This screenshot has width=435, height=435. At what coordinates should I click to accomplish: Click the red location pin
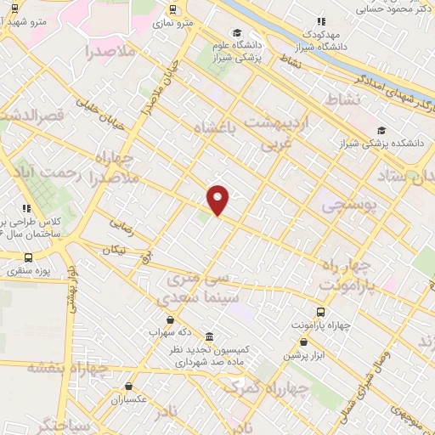coord(218,200)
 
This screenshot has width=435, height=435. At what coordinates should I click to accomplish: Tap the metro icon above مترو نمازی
coord(173,9)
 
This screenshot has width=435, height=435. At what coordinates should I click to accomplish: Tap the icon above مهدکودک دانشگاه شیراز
coord(320,21)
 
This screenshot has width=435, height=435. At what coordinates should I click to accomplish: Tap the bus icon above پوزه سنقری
coord(28,257)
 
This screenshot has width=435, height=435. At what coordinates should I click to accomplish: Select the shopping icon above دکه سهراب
coord(171,320)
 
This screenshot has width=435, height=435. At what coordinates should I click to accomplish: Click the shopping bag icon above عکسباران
coord(128,386)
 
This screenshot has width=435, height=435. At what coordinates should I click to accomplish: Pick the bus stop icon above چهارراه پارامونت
coord(320,312)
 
